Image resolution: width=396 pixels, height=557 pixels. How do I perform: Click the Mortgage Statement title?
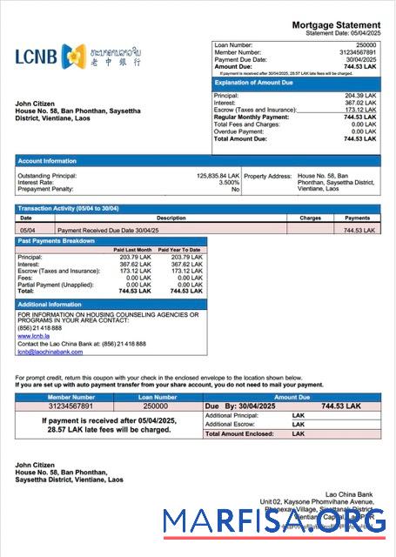(x=336, y=24)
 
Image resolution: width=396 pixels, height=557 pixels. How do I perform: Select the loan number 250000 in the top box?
(x=366, y=44)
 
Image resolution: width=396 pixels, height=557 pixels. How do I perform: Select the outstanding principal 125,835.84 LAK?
(x=218, y=175)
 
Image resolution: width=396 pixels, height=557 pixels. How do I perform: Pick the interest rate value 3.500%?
(x=228, y=182)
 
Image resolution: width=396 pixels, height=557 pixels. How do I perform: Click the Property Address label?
(x=267, y=175)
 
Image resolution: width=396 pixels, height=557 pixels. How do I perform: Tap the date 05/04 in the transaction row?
(x=28, y=230)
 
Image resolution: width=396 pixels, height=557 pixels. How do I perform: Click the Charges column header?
(x=310, y=218)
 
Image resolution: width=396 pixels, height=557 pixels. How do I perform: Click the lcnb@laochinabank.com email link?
(x=49, y=352)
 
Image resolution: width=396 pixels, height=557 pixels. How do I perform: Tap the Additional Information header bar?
(x=50, y=304)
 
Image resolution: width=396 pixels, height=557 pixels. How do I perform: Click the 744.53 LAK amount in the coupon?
(x=340, y=406)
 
